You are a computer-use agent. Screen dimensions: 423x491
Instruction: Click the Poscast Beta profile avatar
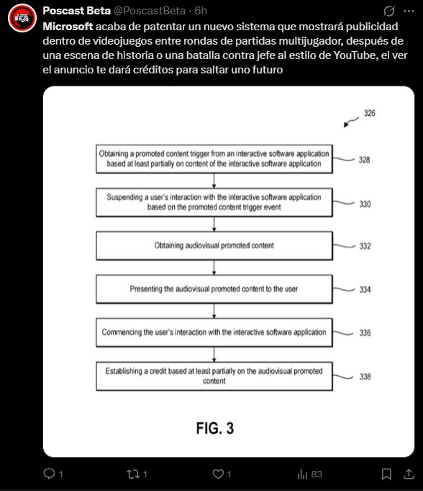coord(22,18)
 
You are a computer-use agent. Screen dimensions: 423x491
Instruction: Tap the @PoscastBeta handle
coord(149,11)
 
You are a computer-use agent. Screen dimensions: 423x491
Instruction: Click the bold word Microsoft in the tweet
coord(68,27)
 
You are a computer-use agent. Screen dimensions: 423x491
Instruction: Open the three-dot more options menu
coord(409,12)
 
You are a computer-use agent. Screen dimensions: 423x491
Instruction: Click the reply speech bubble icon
coord(49,474)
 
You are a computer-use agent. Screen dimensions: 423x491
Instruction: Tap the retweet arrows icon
coord(133,474)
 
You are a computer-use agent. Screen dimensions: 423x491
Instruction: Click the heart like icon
coord(218,474)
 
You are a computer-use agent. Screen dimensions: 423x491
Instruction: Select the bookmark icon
coord(386,474)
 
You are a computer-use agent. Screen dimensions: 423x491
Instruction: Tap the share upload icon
coord(409,474)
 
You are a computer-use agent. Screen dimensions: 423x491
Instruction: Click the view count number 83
coord(317,474)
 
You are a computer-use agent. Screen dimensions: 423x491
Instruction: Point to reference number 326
coord(370,113)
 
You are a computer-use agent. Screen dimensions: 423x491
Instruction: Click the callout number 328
coord(364,160)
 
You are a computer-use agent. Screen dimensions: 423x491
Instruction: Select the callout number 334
coord(365,289)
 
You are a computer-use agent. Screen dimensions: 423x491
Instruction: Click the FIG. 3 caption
coord(215,428)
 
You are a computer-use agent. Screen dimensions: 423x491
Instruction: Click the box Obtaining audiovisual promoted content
coord(214,245)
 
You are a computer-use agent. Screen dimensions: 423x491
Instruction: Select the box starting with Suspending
coord(214,202)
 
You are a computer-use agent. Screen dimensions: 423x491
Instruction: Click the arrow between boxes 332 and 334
coord(214,267)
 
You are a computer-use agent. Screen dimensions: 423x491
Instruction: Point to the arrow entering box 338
coord(214,354)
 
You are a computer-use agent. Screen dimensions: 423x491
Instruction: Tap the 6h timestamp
coord(201,11)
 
